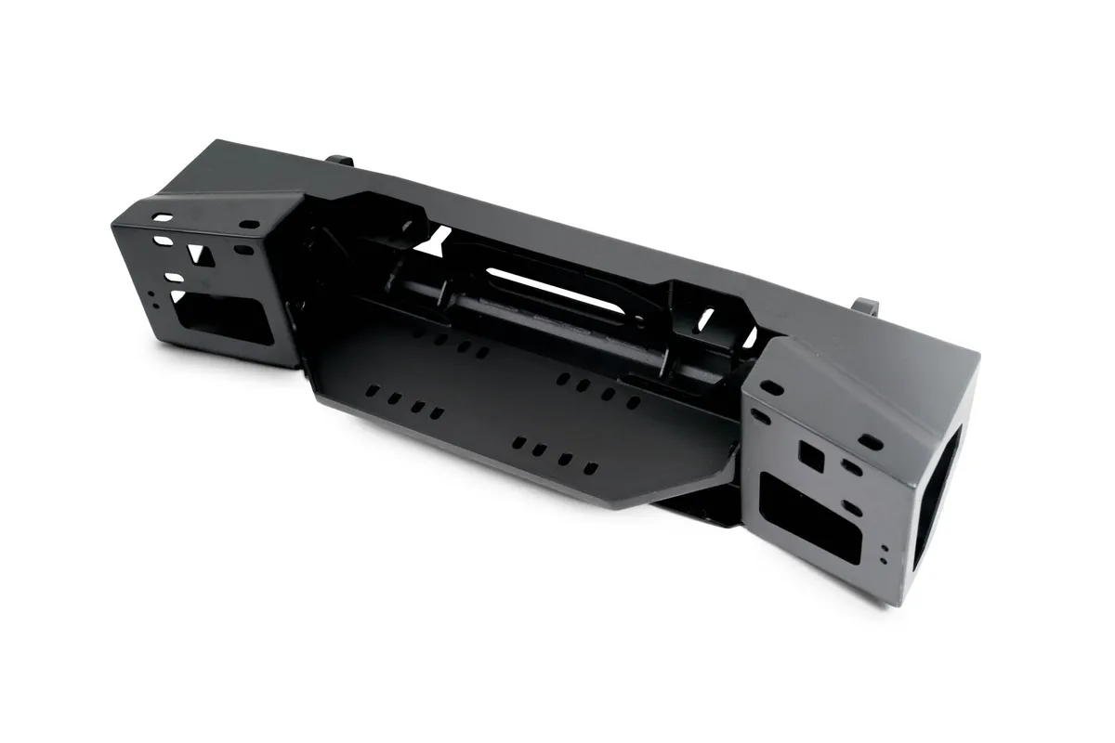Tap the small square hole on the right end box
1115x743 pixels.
810,455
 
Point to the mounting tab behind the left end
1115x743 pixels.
341,160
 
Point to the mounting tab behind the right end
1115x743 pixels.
865,306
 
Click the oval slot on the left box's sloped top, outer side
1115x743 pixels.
163,218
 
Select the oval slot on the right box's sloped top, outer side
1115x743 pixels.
871,442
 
